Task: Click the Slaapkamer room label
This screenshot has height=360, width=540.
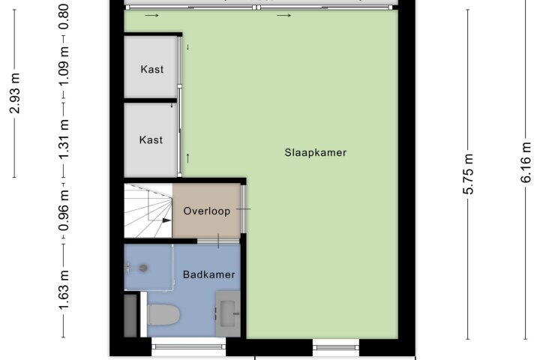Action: pyautogui.click(x=315, y=152)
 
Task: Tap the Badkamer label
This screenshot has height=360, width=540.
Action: pyautogui.click(x=209, y=274)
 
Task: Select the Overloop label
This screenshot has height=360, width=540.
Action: pyautogui.click(x=207, y=211)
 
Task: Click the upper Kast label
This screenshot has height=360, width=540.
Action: pyautogui.click(x=151, y=69)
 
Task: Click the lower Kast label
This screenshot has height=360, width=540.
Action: pyautogui.click(x=151, y=139)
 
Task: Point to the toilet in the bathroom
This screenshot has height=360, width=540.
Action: pyautogui.click(x=164, y=313)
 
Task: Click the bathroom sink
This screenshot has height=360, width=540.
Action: pyautogui.click(x=228, y=313)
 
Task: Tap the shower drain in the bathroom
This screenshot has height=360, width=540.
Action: pyautogui.click(x=143, y=268)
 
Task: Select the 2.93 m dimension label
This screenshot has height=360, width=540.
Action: pyautogui.click(x=15, y=93)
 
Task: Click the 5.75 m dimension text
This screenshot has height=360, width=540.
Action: pyautogui.click(x=468, y=174)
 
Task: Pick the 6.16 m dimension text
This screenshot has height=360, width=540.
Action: pyautogui.click(x=526, y=162)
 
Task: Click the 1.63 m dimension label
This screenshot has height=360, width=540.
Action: pyautogui.click(x=64, y=290)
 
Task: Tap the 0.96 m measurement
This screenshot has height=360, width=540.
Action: pyautogui.click(x=64, y=211)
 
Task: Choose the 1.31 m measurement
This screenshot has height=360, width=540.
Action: pyautogui.click(x=64, y=139)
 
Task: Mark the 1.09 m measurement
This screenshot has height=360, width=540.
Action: pyautogui.click(x=64, y=65)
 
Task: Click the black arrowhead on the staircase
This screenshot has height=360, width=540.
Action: pyautogui.click(x=167, y=220)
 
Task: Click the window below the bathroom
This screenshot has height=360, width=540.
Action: pyautogui.click(x=189, y=346)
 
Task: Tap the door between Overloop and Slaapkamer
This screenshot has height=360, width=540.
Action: pyautogui.click(x=243, y=208)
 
